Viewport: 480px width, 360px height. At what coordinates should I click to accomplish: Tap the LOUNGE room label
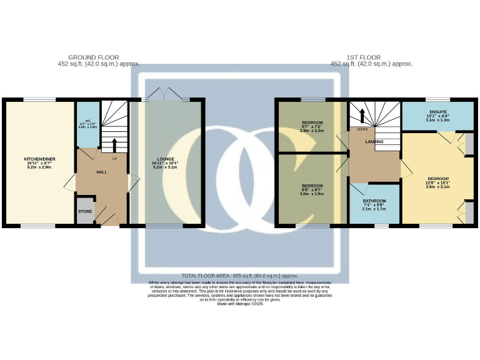(166, 159)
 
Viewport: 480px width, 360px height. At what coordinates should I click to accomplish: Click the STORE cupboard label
(84, 211)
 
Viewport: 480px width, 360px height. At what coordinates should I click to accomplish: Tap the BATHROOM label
(375, 201)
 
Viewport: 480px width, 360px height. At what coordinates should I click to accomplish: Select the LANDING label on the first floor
(374, 142)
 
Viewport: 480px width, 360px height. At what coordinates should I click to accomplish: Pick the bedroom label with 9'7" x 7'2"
(312, 122)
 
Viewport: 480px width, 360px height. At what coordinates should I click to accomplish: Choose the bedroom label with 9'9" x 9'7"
(312, 186)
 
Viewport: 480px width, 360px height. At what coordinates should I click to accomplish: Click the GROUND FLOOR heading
(94, 57)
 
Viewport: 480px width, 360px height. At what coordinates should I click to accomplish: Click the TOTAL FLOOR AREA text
(239, 276)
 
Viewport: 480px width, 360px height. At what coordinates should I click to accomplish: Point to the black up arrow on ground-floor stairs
(114, 145)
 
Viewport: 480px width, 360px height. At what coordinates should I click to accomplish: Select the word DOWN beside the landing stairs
(362, 129)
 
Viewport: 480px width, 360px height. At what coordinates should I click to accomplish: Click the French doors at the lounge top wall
(165, 96)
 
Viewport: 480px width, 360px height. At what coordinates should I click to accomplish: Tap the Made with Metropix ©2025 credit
(240, 304)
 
